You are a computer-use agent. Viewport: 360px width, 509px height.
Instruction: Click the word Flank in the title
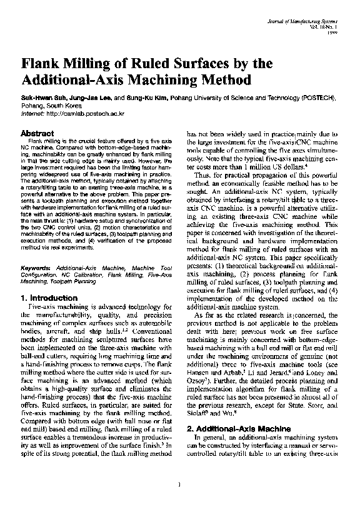(42, 64)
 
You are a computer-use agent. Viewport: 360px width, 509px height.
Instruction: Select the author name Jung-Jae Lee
(88, 99)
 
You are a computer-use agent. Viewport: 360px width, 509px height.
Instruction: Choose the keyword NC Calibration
(89, 275)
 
